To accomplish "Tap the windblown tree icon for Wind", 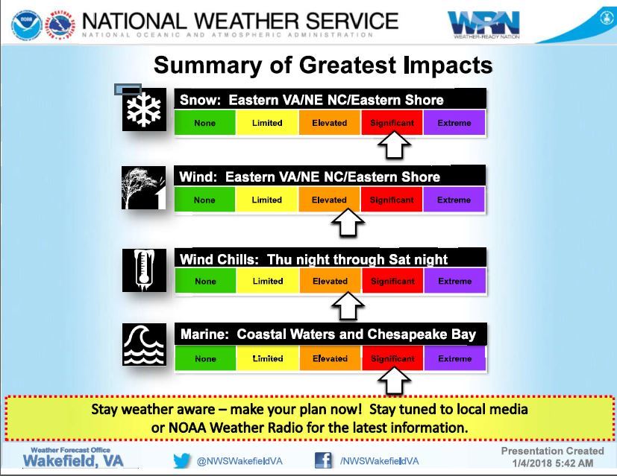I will click(x=145, y=188).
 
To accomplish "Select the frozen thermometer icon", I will click(x=145, y=270).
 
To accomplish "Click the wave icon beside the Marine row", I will click(x=145, y=344).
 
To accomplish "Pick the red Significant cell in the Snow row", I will click(x=392, y=123).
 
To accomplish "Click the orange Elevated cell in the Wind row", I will click(x=329, y=200).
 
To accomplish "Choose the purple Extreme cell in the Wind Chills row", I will click(x=454, y=281).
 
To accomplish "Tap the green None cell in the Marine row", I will click(x=205, y=358).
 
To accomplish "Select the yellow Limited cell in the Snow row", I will click(x=266, y=123).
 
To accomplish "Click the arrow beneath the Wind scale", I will click(x=347, y=223).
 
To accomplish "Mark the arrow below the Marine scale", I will click(x=395, y=381).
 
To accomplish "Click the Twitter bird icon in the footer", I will click(x=182, y=460).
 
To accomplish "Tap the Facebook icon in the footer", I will click(x=323, y=460).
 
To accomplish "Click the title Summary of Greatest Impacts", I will click(x=323, y=65).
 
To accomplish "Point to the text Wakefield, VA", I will click(x=73, y=461).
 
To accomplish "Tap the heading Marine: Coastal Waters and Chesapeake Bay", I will click(x=328, y=334).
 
